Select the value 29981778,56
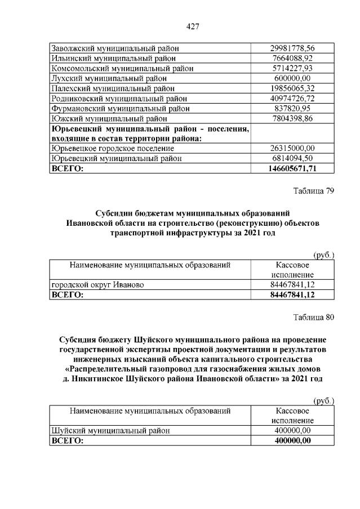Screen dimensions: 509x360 (292, 48)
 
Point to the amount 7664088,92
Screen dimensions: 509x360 (292, 58)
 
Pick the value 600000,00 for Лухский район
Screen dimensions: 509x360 (292, 78)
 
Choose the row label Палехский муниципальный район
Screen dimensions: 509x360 (105, 88)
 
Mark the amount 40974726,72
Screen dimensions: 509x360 (292, 99)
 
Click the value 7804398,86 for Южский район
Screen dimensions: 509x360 (292, 119)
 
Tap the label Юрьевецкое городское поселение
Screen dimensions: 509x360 (112, 149)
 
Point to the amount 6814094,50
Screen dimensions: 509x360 (292, 159)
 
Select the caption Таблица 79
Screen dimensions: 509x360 (314, 191)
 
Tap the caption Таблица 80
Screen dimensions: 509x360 (314, 318)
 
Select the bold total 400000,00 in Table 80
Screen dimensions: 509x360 (292, 441)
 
